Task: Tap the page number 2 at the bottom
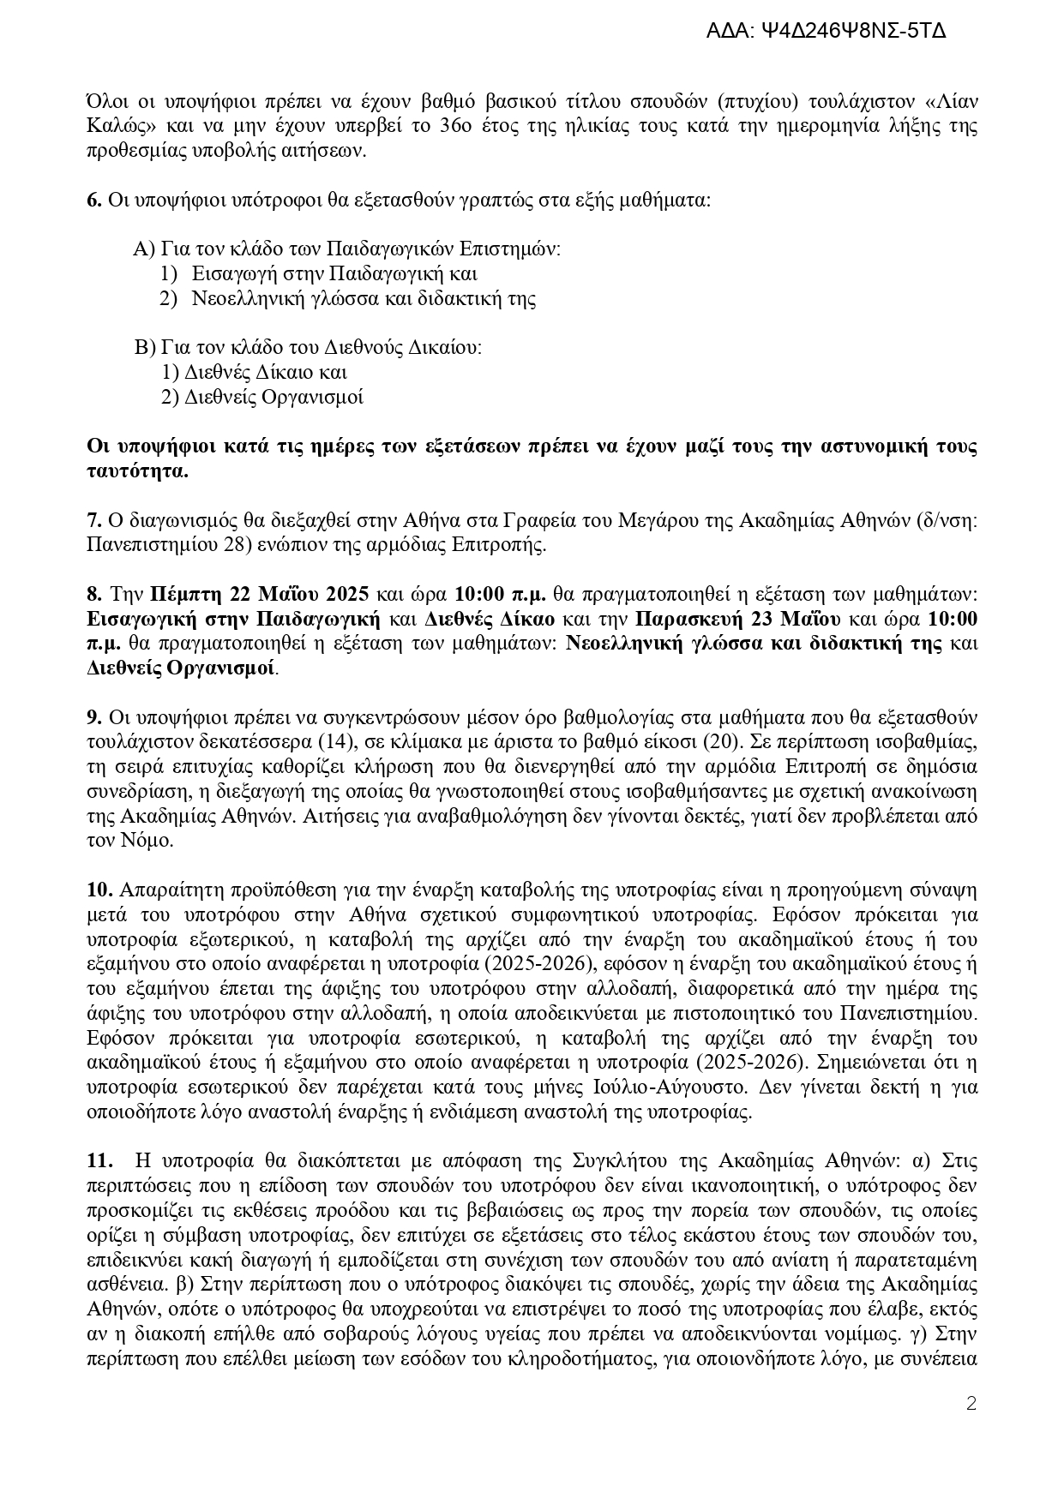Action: (x=971, y=1404)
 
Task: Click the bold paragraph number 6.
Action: (x=93, y=201)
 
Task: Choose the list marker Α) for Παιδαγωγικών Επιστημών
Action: (x=143, y=249)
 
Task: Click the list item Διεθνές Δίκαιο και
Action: (x=254, y=373)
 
